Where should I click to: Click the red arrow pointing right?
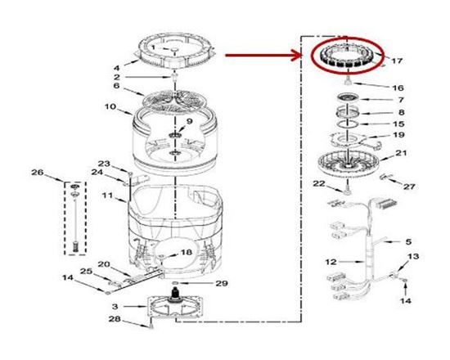(x=263, y=56)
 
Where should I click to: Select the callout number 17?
(x=398, y=61)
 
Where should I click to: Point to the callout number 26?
(x=37, y=172)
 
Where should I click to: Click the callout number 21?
(x=400, y=152)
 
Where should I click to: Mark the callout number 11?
(x=106, y=196)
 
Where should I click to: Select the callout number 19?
(x=398, y=134)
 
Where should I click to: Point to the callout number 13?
(x=412, y=257)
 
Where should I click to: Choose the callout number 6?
(x=116, y=85)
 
